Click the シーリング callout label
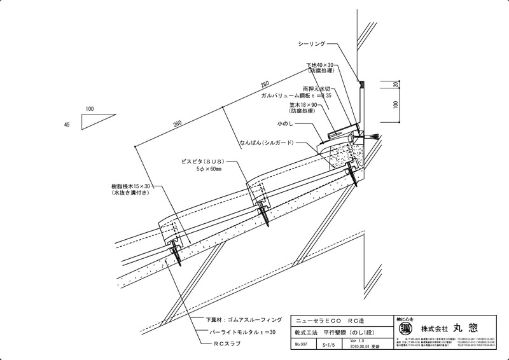tap(312, 44)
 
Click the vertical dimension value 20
tap(396, 85)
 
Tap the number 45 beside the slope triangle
tap(67, 125)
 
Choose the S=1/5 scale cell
tap(331, 344)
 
